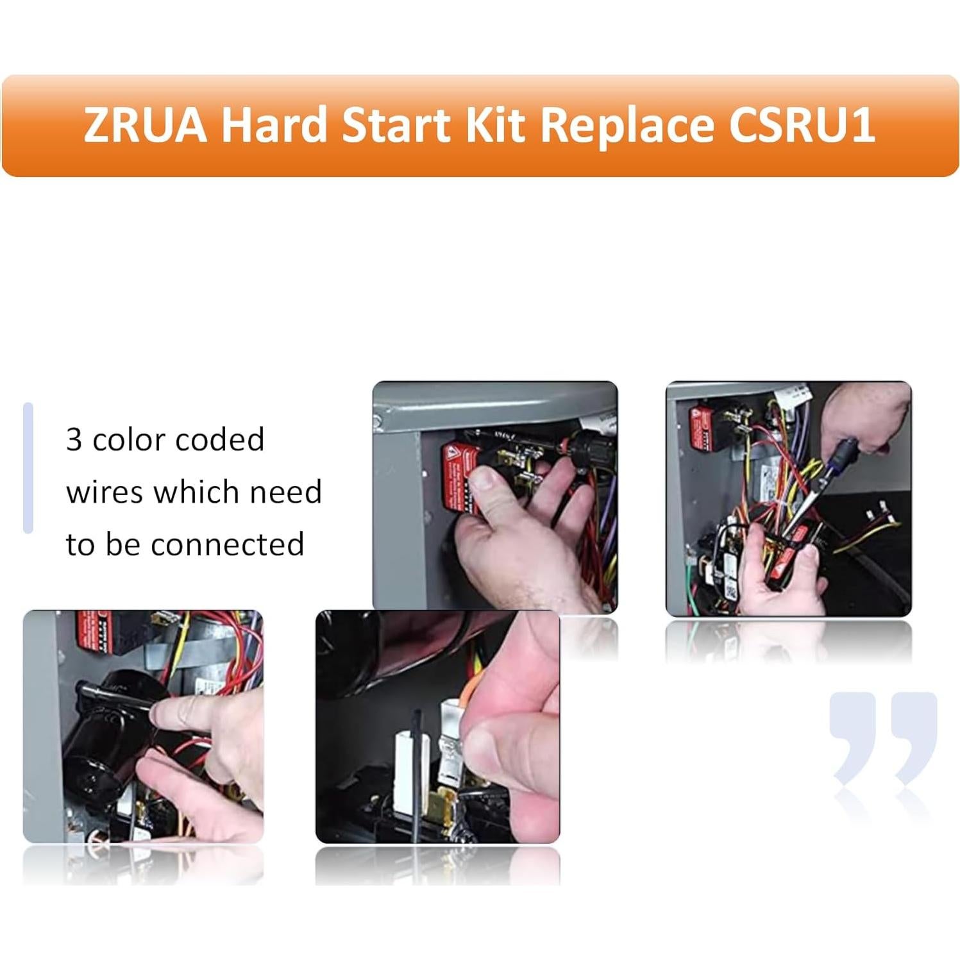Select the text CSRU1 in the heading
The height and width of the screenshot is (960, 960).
[x=801, y=124]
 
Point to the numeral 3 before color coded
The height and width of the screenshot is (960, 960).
[x=74, y=440]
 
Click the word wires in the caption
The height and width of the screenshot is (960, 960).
[x=104, y=493]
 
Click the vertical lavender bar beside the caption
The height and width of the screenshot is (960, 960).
[x=28, y=468]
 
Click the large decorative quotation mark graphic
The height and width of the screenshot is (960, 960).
[x=883, y=737]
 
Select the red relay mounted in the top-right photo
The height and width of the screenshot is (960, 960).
[x=703, y=423]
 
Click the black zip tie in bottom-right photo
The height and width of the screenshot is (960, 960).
[x=417, y=770]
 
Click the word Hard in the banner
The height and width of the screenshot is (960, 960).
[x=274, y=124]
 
